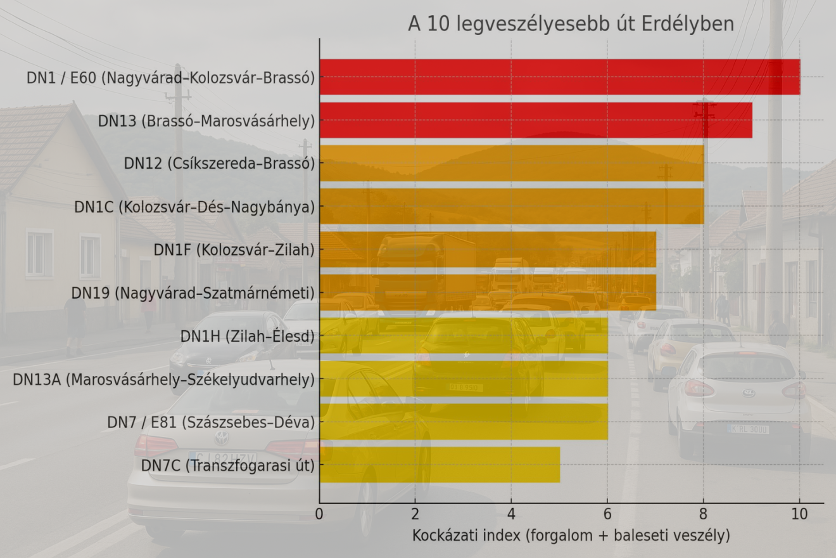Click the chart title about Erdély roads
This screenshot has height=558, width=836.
coord(571,24)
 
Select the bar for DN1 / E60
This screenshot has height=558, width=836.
coord(559,77)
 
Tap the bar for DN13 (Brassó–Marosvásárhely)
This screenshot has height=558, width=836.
coord(536,120)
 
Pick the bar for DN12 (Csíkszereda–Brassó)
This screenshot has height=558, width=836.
coord(512,163)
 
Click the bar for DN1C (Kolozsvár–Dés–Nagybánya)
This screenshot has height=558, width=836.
coord(512,206)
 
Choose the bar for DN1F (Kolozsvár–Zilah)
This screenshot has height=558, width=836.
coord(488,249)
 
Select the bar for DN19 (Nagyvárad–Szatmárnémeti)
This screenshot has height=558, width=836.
coord(488,292)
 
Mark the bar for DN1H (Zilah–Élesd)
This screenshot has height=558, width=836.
coord(464,335)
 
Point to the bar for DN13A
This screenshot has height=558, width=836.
coord(464,379)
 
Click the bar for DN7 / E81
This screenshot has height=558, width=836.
coord(464,422)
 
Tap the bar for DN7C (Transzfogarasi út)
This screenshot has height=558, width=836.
coord(440,465)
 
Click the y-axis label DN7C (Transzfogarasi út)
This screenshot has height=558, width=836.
coord(228,465)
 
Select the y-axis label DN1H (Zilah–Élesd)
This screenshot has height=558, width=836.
coord(248,336)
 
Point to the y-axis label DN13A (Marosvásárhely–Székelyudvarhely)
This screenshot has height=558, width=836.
coord(164,379)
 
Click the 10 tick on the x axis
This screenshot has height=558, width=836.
coord(799,514)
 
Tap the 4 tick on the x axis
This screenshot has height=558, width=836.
coord(511,514)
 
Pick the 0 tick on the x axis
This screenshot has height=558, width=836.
coord(320,514)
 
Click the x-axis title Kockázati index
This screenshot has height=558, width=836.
coord(571,536)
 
